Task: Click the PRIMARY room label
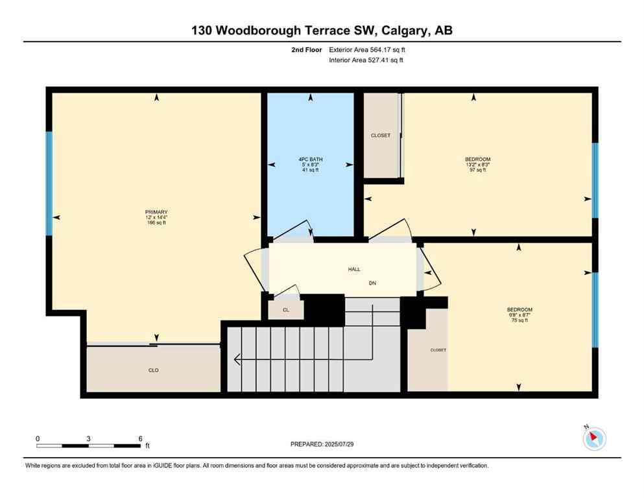coord(156,212)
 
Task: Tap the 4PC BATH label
coord(311,159)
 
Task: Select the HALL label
coord(353,269)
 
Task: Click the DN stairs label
coord(372,283)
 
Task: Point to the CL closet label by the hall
coord(285,311)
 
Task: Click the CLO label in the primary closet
coord(154,370)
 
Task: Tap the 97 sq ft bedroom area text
coord(477,171)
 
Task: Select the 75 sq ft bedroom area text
coord(519,320)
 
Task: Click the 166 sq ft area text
coord(156,222)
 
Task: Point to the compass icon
coord(594,438)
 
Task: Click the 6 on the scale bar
coord(141,438)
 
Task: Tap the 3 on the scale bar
coord(88,438)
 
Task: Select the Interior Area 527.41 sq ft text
coord(366,60)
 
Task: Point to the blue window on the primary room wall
coord(49,184)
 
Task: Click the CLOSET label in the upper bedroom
coord(381,136)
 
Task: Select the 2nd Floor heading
coord(307,49)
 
